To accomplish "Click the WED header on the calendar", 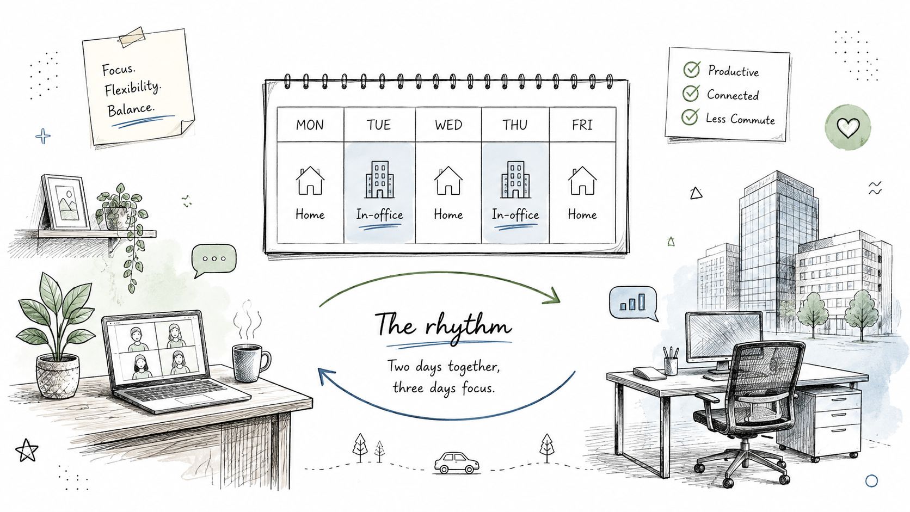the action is pyautogui.click(x=448, y=125).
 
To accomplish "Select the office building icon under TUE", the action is pyautogui.click(x=379, y=180).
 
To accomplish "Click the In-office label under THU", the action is pyautogui.click(x=515, y=214).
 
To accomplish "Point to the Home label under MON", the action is pyautogui.click(x=310, y=214).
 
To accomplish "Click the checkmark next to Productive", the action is pyautogui.click(x=692, y=69).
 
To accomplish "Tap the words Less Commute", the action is pyautogui.click(x=740, y=119).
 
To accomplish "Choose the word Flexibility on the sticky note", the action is pyautogui.click(x=132, y=88).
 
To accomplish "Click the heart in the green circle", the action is pyautogui.click(x=848, y=127).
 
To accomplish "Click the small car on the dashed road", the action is pyautogui.click(x=457, y=462).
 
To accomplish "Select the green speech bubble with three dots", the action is pyautogui.click(x=214, y=260).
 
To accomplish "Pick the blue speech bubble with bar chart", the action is pyautogui.click(x=634, y=304).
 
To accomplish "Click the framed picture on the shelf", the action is pyautogui.click(x=65, y=202).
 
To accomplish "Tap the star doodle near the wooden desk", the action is pyautogui.click(x=27, y=451).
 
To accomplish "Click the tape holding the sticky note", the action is pyautogui.click(x=132, y=36).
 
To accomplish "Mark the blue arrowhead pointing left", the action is pyautogui.click(x=326, y=376).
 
